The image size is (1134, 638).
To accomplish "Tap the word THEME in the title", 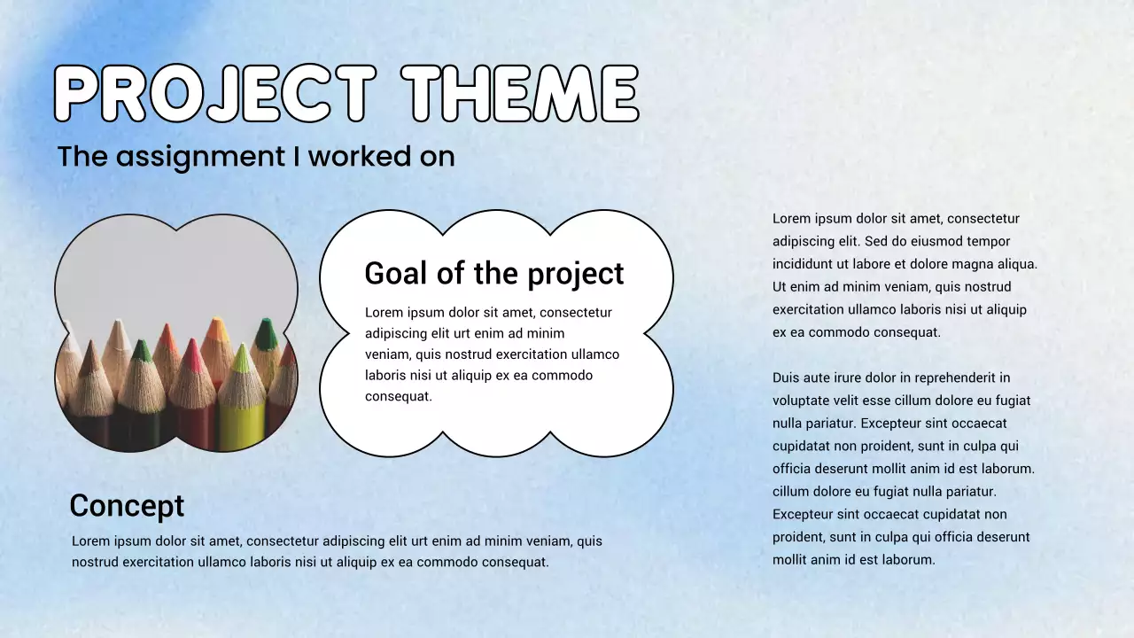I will pos(520,94).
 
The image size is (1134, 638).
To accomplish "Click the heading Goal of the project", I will pos(494,273).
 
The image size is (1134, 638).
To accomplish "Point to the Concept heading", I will pos(127,506).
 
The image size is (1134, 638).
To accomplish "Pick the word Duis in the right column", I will pos(787,377).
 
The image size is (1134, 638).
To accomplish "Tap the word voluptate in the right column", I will pos(801,401).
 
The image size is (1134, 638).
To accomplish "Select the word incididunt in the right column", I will pos(805,264).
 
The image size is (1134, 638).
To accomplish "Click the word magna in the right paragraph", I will pos(967,264).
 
